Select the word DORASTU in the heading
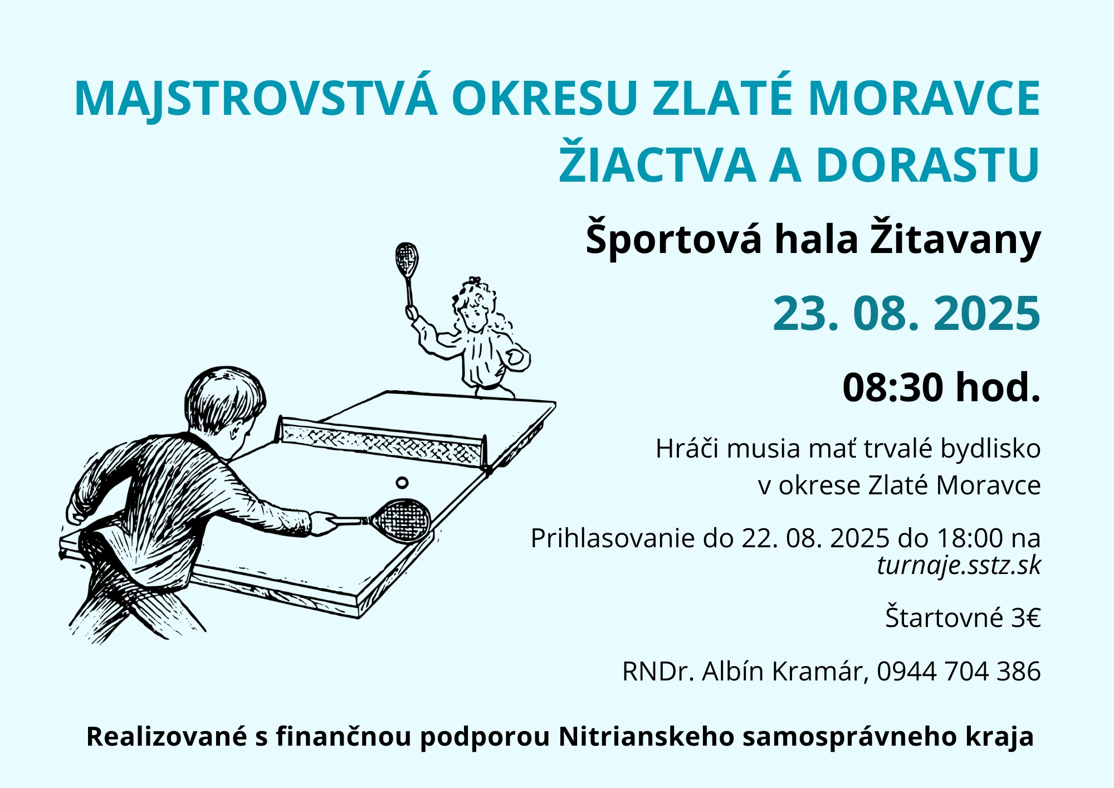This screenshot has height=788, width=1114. point(928,165)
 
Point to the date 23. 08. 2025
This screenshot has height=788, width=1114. point(906,313)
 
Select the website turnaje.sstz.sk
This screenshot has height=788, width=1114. point(959,566)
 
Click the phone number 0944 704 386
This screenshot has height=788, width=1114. point(959,671)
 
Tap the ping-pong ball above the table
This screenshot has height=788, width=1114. point(402,482)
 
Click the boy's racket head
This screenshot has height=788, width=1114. point(400,521)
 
